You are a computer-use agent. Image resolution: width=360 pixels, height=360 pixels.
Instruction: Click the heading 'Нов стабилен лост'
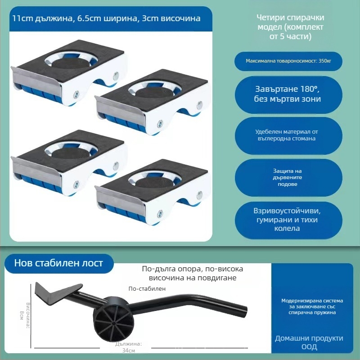[x=58, y=263]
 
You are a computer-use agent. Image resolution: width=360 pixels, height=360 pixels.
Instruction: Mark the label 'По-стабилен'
[x=147, y=288]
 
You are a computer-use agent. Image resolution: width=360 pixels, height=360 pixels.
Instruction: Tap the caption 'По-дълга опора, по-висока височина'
[x=192, y=273]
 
